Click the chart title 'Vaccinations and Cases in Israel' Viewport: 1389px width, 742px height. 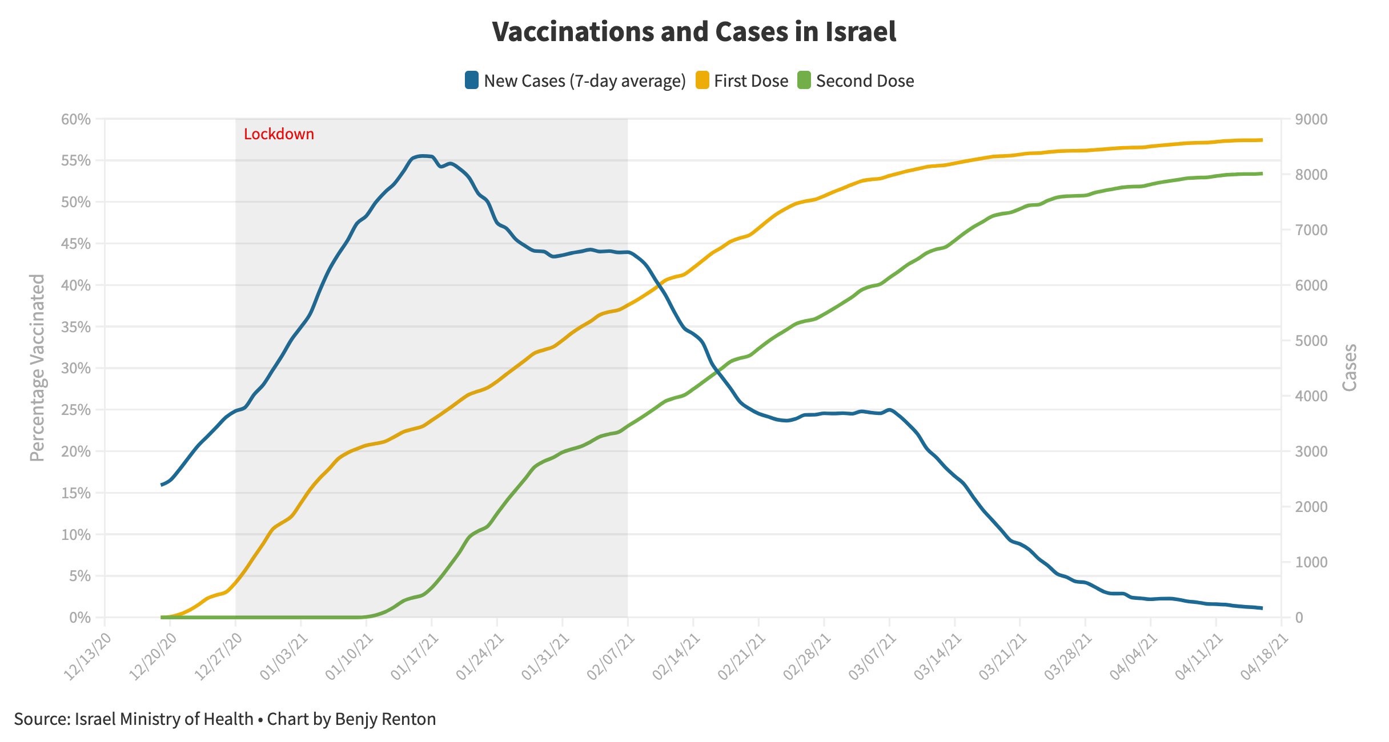coord(694,32)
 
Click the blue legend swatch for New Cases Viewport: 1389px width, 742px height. coord(472,80)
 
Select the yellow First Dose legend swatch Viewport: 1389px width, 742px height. coord(702,80)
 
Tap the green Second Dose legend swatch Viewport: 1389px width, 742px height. coord(804,80)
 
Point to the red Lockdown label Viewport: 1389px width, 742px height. coord(279,134)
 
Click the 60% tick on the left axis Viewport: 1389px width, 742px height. coord(76,119)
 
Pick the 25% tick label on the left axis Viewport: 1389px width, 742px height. coord(76,410)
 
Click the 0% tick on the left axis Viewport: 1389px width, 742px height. coord(80,618)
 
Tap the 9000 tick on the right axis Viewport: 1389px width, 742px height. coord(1311,119)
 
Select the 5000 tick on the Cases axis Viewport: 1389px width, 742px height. coord(1311,341)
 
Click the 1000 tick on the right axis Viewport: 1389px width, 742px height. coord(1311,562)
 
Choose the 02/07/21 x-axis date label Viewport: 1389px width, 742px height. coord(611,657)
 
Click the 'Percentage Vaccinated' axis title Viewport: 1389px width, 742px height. coord(37,368)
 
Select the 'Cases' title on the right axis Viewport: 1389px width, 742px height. coord(1350,368)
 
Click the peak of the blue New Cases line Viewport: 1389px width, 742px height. coord(423,156)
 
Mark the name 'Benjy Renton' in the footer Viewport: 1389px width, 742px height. coord(386,719)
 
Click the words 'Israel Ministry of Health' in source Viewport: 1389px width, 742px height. coord(164,719)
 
